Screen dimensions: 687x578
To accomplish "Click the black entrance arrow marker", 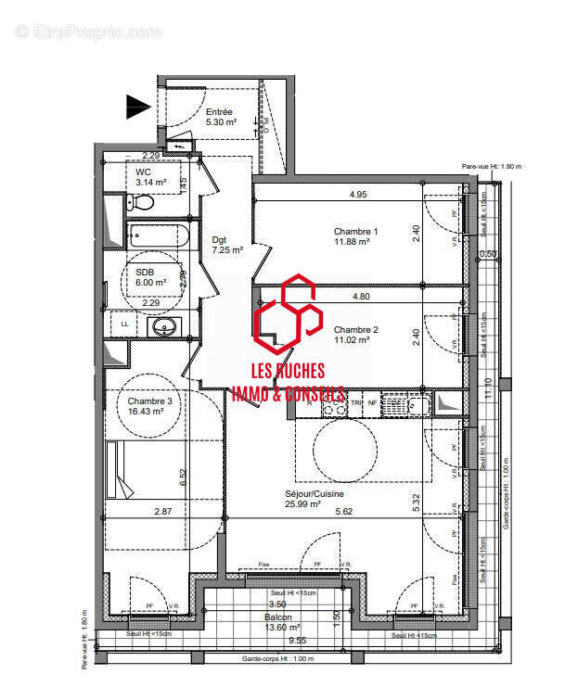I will pyautogui.click(x=138, y=107).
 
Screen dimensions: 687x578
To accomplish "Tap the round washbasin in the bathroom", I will pyautogui.click(x=165, y=326).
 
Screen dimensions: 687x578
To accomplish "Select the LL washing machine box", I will pyautogui.click(x=123, y=325).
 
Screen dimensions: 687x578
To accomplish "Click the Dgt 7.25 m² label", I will pyautogui.click(x=227, y=244).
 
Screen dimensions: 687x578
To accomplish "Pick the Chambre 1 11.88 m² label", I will pyautogui.click(x=352, y=236).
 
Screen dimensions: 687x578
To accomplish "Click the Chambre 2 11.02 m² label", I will pyautogui.click(x=352, y=335).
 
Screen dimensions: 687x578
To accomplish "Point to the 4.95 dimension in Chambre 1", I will pyautogui.click(x=359, y=195).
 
